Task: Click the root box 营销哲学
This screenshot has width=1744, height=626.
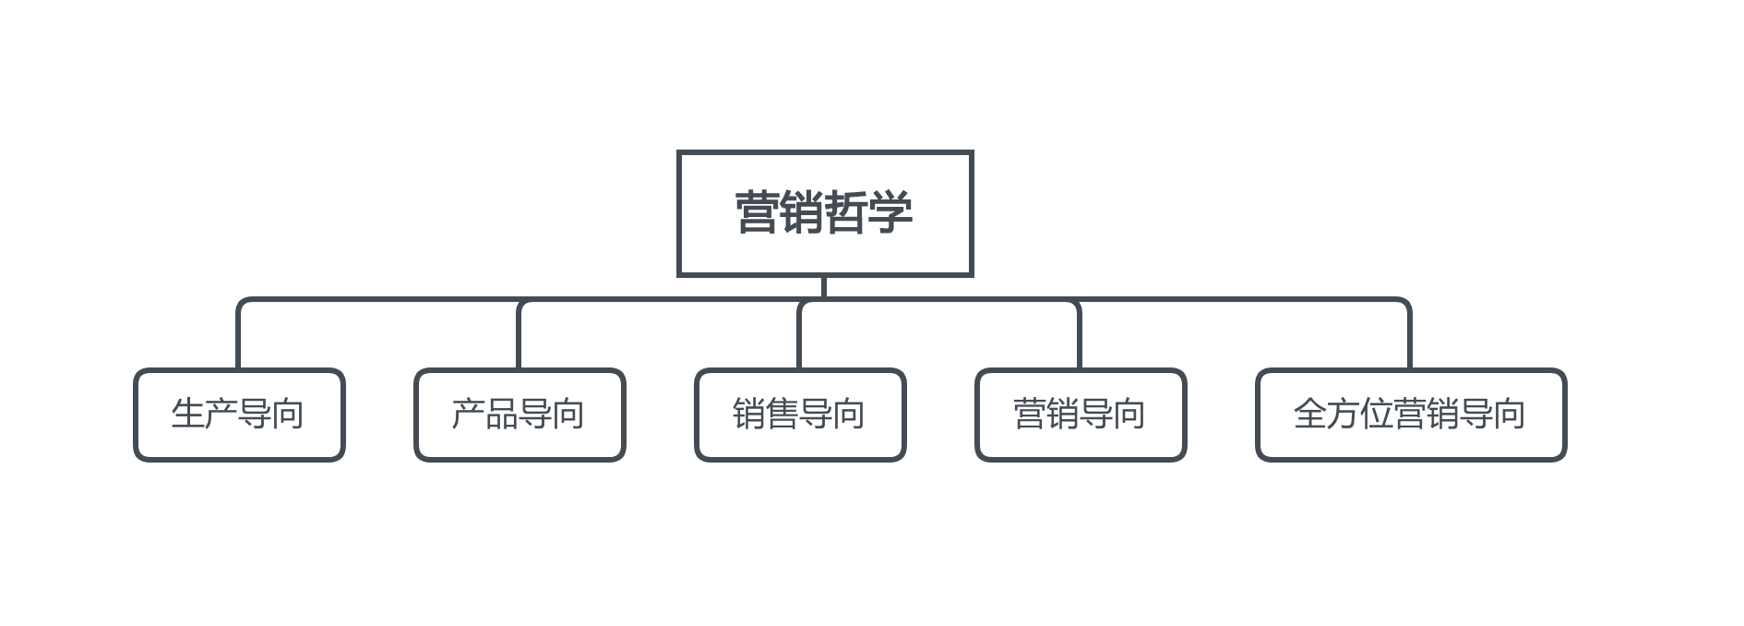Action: [825, 213]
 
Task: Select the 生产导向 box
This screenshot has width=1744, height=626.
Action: [239, 415]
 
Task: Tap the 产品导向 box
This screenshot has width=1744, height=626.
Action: [520, 415]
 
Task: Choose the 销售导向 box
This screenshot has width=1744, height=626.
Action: [800, 415]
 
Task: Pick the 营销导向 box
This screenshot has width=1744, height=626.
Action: [1081, 415]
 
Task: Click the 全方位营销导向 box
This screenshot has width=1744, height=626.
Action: [1411, 415]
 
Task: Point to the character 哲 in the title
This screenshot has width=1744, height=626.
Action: [846, 212]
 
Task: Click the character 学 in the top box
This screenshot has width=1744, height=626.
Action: [890, 212]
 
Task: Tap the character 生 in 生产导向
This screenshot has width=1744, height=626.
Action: [188, 414]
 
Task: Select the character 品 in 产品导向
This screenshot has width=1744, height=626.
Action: [502, 414]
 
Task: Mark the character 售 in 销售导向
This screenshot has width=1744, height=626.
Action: [782, 414]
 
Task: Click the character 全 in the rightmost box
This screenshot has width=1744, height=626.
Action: [1310, 414]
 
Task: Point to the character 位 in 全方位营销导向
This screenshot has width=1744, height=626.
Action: [1377, 414]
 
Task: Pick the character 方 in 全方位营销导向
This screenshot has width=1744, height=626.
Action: [1344, 414]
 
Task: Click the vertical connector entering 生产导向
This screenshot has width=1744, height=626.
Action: [239, 334]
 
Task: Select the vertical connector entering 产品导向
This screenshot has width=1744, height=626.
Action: [520, 334]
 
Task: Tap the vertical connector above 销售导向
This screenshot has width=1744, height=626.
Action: [800, 334]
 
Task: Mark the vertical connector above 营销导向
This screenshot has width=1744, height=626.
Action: [1080, 334]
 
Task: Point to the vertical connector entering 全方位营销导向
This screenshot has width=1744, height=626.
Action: [1410, 334]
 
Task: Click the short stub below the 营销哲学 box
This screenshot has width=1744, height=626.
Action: [824, 287]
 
